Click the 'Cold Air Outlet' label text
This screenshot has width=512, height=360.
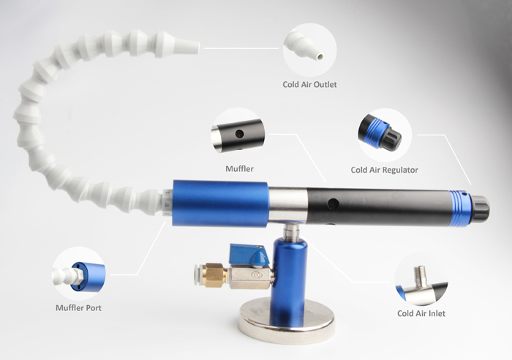tap(309, 84)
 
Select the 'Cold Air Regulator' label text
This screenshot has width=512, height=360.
tap(384, 170)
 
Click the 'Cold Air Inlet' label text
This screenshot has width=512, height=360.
tap(421, 313)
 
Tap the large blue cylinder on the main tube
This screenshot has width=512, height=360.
tap(218, 202)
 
